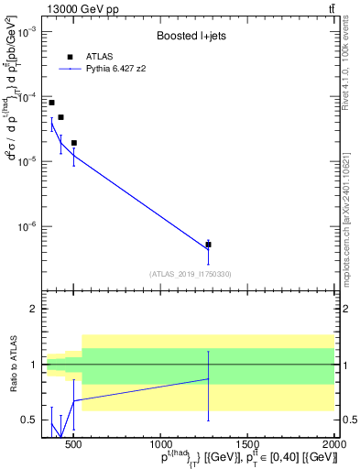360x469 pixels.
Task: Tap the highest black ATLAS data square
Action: coord(51,103)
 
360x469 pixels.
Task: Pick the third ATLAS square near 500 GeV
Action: coord(73,143)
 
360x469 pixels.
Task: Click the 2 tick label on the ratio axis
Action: coord(33,309)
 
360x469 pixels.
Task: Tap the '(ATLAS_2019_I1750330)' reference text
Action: coord(190,273)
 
